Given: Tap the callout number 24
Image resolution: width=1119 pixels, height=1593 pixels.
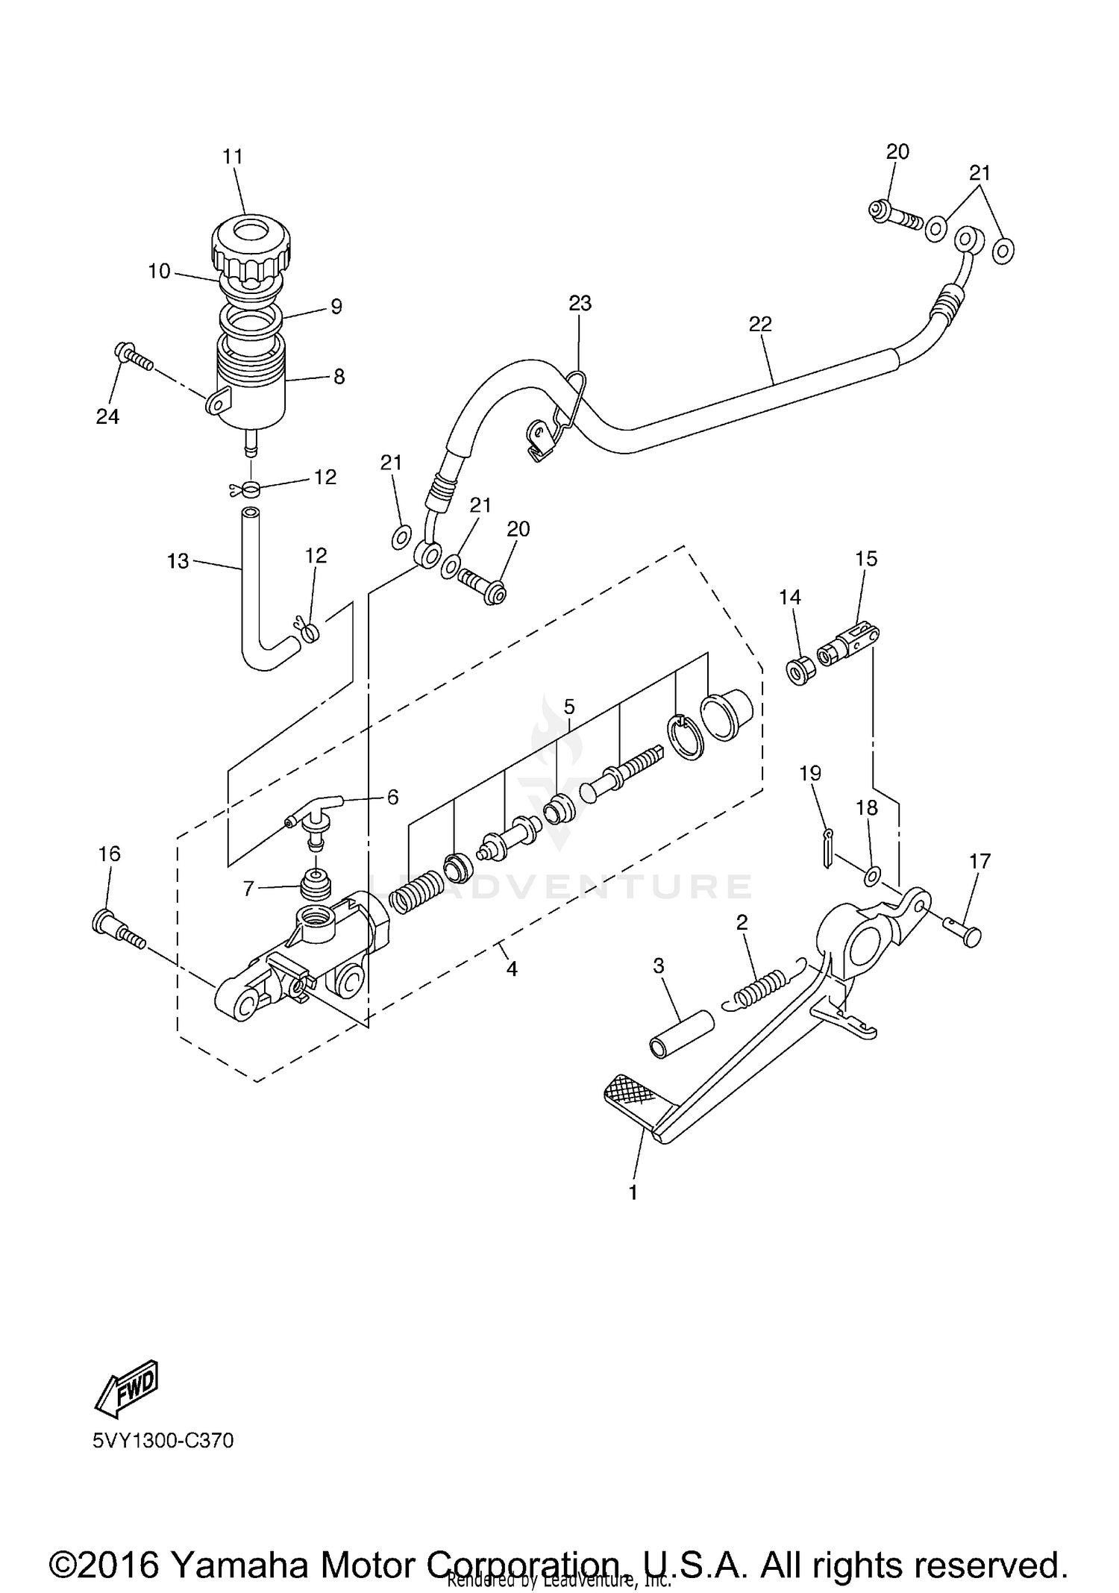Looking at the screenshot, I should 107,416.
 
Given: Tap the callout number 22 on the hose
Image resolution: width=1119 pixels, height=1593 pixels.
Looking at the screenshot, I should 760,324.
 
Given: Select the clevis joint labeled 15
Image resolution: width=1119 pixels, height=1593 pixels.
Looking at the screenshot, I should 849,645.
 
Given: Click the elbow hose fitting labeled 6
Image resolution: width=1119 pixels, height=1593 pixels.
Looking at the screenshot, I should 317,813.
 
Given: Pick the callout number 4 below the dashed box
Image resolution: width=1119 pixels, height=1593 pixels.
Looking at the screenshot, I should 511,968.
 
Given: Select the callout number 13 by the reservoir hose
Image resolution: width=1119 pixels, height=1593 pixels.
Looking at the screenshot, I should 178,560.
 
